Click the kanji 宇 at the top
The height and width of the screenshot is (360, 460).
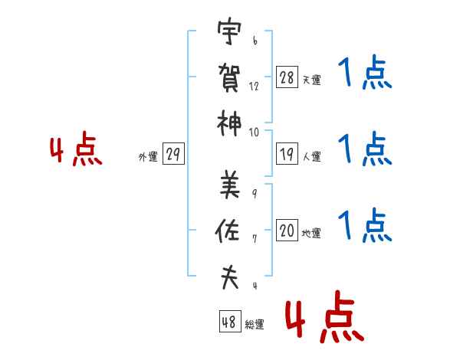pos(229,31)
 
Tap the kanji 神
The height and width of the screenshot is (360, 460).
pos(229,123)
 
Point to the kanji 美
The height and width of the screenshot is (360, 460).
pos(230,184)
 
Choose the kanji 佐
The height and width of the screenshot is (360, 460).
pos(228,231)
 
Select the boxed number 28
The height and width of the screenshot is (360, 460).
pos(287,77)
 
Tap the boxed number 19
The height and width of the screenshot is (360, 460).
pos(287,154)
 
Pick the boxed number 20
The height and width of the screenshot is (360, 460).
pos(287,230)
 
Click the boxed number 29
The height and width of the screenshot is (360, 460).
pos(173,154)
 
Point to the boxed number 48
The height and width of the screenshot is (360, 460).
pos(230,321)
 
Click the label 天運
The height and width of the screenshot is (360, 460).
pos(312,80)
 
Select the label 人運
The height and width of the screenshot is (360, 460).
pos(312,156)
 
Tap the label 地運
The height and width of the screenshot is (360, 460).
pos(311,233)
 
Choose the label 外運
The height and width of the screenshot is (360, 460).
pos(148,157)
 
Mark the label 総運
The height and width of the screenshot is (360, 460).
pos(255,324)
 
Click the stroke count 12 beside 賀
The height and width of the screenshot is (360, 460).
pos(254,87)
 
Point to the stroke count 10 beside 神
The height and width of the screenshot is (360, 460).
pos(254,133)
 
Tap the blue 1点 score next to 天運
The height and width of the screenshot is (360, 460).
pos(365,73)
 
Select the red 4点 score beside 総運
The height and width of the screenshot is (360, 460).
pos(324,316)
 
